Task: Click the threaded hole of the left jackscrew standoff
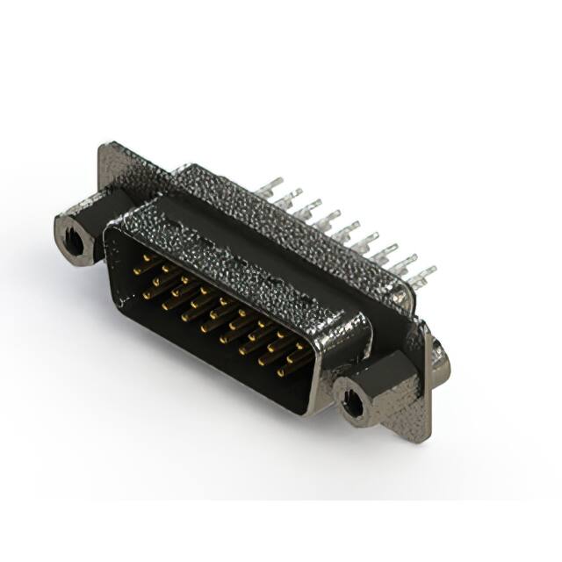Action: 72,233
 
